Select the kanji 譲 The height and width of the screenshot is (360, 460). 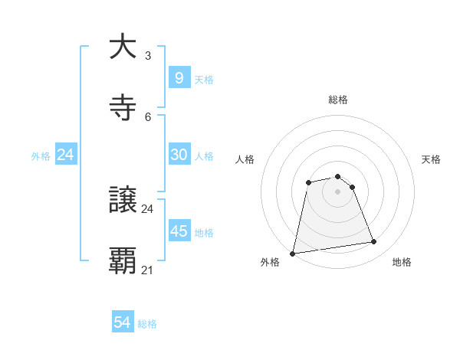click(x=123, y=200)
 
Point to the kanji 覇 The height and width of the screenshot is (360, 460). click(x=123, y=260)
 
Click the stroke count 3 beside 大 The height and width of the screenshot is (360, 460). click(x=148, y=56)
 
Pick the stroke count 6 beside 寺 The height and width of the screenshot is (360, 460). click(x=148, y=116)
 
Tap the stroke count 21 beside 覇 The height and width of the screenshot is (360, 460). click(x=148, y=270)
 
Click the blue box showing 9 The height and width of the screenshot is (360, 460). click(x=179, y=78)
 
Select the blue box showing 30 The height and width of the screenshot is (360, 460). click(x=179, y=155)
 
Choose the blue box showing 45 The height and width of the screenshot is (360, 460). click(x=179, y=231)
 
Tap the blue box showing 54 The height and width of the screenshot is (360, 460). click(x=123, y=323)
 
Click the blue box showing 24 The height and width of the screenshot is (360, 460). click(x=66, y=155)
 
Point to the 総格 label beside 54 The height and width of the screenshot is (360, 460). click(x=147, y=324)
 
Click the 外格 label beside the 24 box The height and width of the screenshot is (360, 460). click(x=41, y=155)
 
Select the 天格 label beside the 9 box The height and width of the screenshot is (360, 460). click(x=204, y=79)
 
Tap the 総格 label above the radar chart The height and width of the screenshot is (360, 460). click(x=337, y=100)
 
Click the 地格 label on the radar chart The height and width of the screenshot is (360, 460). click(x=402, y=262)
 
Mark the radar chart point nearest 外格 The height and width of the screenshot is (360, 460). click(x=293, y=253)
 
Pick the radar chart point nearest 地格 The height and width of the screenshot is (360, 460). click(x=374, y=242)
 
